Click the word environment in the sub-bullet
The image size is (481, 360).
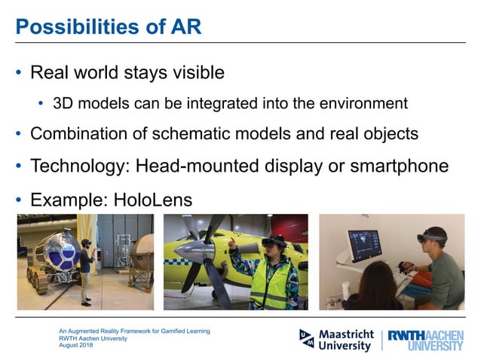pyautogui.click(x=363, y=103)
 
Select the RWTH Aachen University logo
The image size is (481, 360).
pyautogui.click(x=425, y=340)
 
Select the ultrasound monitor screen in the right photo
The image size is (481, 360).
pyautogui.click(x=365, y=245)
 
